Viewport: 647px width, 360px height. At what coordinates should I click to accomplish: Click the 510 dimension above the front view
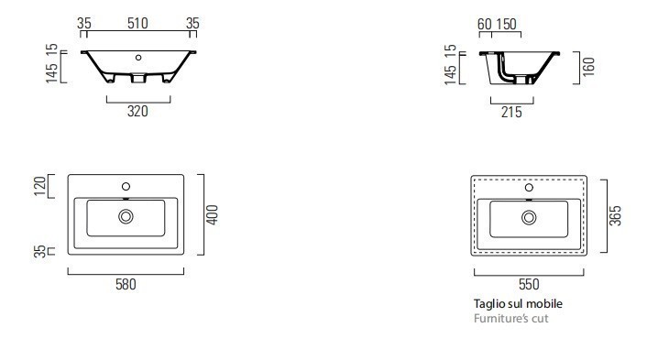coord(137,23)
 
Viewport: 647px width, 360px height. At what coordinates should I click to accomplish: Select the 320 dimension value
coord(137,112)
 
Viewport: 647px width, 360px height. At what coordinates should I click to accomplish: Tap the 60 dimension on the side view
coord(485,25)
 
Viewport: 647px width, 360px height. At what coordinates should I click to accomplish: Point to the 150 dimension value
coord(506,25)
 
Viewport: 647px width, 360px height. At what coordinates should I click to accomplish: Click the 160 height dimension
coord(589,66)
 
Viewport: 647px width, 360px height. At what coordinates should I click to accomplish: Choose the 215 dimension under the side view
coord(511,112)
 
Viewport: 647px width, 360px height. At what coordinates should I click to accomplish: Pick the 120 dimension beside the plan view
coord(39,186)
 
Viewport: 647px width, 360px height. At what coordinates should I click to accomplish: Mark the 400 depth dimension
coord(212,215)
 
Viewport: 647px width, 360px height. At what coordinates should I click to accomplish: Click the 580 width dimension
coord(126,285)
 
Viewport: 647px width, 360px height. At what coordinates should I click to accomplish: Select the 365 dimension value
coord(615,215)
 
